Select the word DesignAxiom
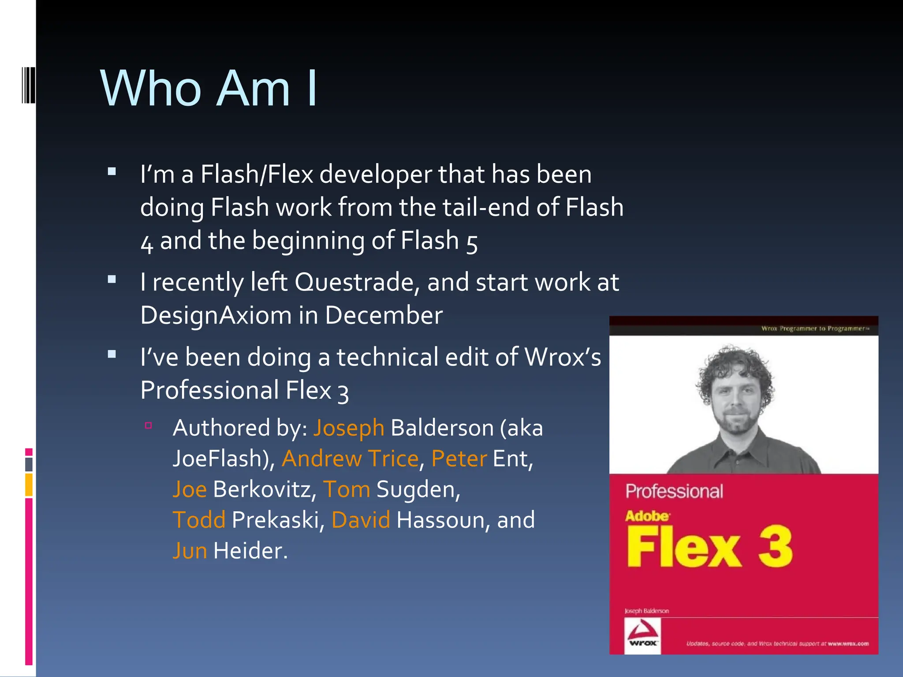[x=216, y=316]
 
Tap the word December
[x=384, y=316]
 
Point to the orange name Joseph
[x=349, y=428]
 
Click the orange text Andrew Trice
[x=350, y=459]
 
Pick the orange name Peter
[x=459, y=459]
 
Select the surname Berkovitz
[x=265, y=490]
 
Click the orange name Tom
[x=347, y=490]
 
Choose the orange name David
[x=361, y=520]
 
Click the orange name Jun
[x=190, y=551]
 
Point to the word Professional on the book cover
[x=674, y=491]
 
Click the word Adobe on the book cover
[x=647, y=516]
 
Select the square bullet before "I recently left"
[x=112, y=279]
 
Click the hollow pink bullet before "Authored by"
[x=149, y=425]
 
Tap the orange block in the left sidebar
[x=29, y=484]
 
